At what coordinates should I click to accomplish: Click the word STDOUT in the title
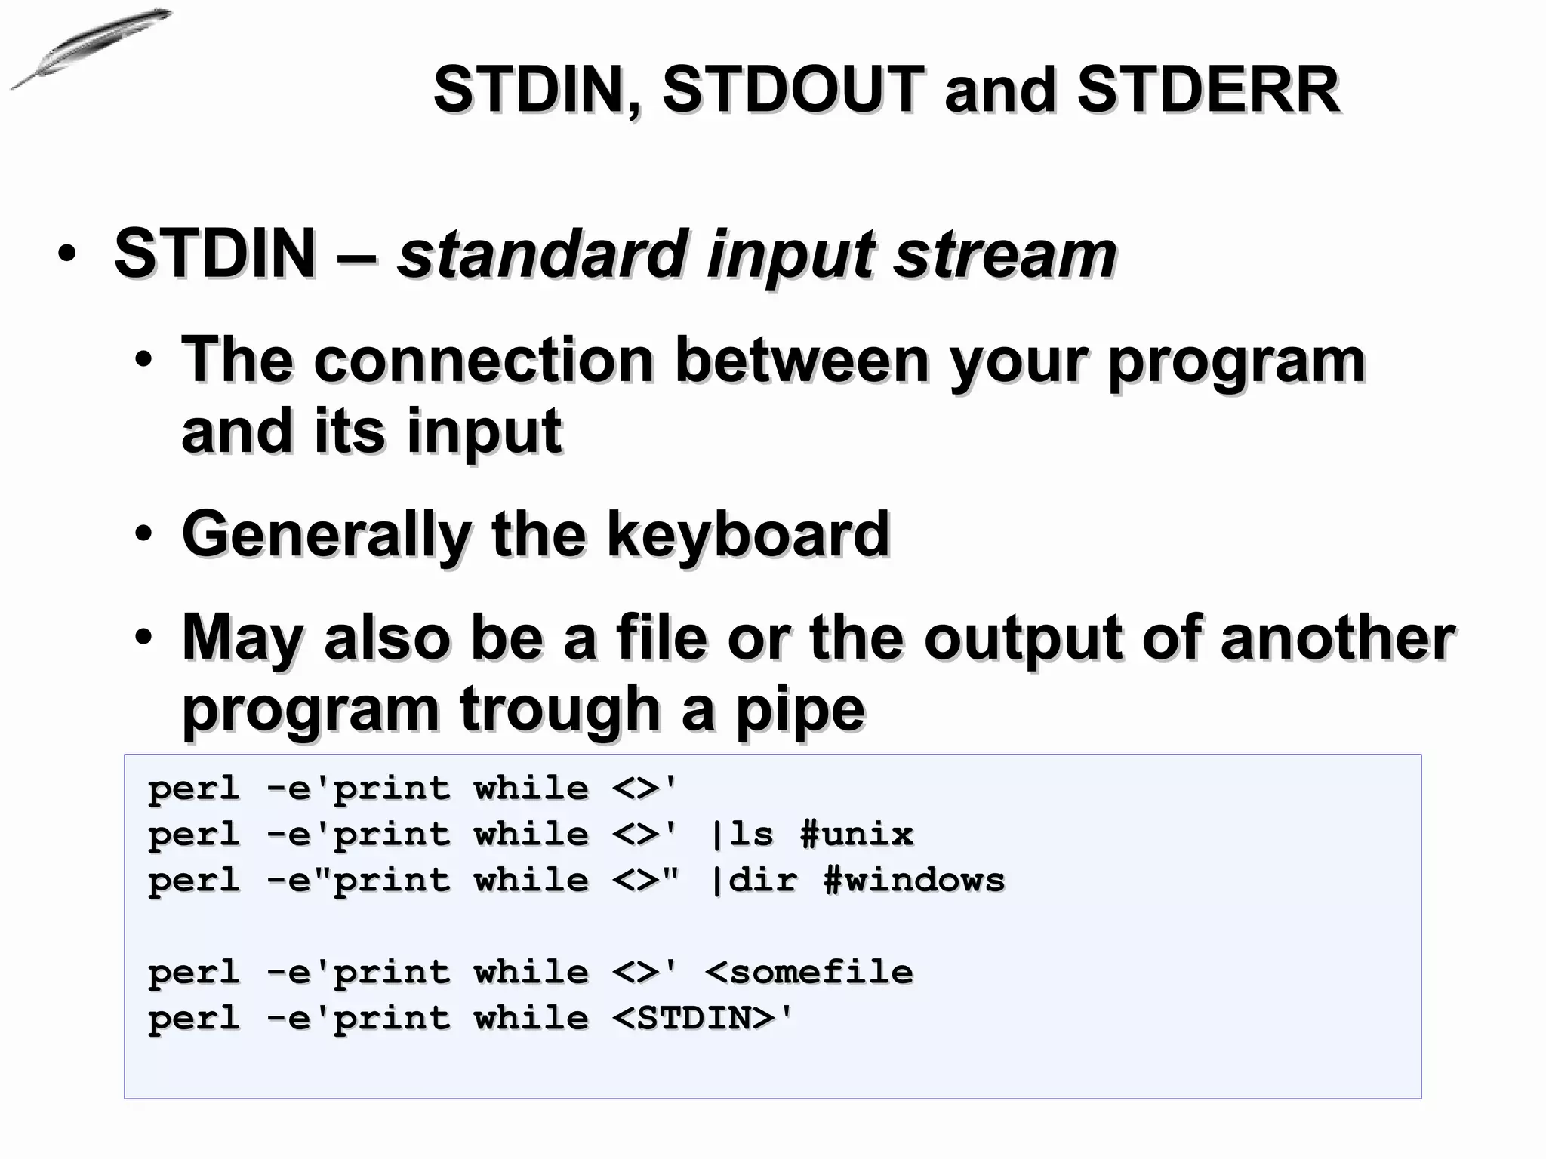point(793,90)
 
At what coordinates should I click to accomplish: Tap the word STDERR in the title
point(1208,90)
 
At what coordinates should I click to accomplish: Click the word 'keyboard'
point(748,535)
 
